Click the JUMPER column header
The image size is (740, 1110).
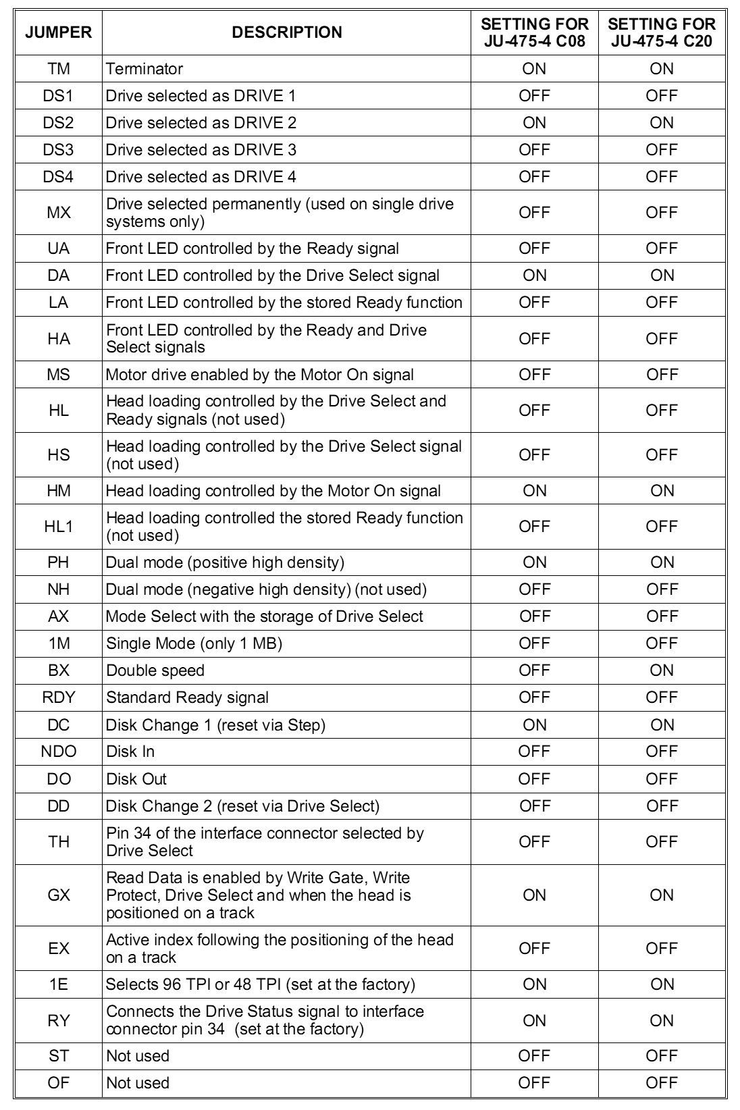[x=59, y=32]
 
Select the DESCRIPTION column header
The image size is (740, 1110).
[x=287, y=32]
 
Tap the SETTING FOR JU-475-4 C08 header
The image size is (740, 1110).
[x=534, y=32]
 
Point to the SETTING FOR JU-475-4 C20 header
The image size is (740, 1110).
[x=662, y=32]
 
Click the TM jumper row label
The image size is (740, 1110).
[x=59, y=69]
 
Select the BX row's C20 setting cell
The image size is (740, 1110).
[x=662, y=670]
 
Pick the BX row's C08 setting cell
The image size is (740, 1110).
[x=534, y=670]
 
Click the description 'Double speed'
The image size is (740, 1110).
[x=155, y=670]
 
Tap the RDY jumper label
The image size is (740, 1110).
[x=59, y=697]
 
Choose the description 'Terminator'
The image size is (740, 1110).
[x=144, y=69]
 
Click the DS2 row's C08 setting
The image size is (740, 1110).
[x=534, y=123]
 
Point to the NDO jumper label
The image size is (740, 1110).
[x=59, y=751]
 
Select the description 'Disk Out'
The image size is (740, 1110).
[x=136, y=778]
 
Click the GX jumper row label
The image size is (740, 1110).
[x=59, y=895]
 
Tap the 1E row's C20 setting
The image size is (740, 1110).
[x=662, y=984]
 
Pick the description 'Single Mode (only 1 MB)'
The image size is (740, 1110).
[x=194, y=643]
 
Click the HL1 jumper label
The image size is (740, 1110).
[x=59, y=527]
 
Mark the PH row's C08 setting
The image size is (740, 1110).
[x=534, y=562]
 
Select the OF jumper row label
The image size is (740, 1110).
[x=59, y=1083]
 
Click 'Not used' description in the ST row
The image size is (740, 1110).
[x=138, y=1056]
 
